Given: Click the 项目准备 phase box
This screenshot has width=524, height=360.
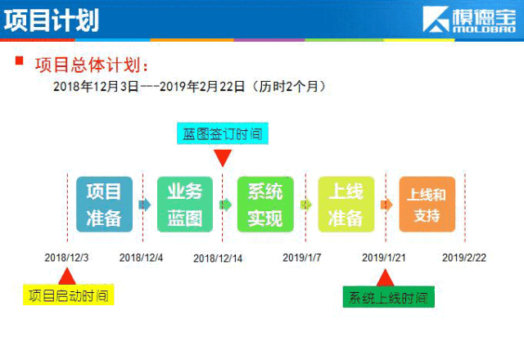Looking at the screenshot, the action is click(x=104, y=205).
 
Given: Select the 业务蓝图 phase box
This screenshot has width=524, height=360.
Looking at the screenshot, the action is click(x=185, y=205).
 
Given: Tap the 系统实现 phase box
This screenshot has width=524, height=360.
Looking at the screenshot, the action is click(x=265, y=205).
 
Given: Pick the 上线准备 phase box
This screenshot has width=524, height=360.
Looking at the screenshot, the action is click(x=346, y=205).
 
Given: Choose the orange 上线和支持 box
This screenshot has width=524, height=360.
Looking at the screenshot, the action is click(x=427, y=205).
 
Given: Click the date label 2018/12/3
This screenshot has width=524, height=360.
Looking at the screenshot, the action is click(x=66, y=258).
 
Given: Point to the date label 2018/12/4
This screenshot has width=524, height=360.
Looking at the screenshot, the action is click(x=141, y=258).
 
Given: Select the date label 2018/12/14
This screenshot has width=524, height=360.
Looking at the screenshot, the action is click(x=218, y=259).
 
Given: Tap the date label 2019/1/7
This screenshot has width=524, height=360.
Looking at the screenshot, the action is click(x=302, y=258).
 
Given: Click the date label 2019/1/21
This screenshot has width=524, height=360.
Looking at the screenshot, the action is click(x=384, y=258).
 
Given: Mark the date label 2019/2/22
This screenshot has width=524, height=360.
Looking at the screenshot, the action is click(x=464, y=258).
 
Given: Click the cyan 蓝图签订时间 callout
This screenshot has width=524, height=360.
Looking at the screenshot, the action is click(x=223, y=133).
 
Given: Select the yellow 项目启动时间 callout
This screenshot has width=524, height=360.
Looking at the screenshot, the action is click(x=69, y=295).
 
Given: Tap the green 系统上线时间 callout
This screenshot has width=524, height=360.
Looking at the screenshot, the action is click(x=389, y=297).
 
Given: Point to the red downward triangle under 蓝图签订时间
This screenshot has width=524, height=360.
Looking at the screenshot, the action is click(x=223, y=156).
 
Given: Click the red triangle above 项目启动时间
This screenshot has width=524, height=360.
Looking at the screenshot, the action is click(x=67, y=277).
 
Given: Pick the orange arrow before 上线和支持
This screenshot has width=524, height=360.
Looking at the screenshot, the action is click(x=386, y=205).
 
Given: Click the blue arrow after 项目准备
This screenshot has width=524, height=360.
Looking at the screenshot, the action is click(x=145, y=205).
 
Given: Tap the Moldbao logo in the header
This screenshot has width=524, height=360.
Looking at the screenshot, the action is click(x=469, y=20).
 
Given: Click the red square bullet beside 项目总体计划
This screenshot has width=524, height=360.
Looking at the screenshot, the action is click(x=20, y=61).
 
